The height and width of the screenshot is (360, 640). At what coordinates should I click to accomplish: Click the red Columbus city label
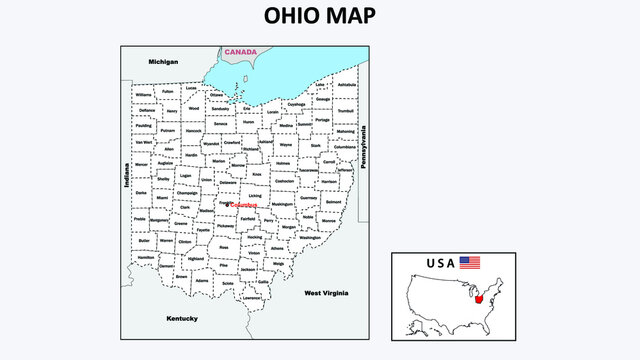coord(244,205)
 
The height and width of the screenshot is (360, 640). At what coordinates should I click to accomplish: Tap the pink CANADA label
coord(240,52)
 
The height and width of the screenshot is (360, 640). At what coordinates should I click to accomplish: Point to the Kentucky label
coord(183,318)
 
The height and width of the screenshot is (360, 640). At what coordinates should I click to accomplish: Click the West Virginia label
coord(326,293)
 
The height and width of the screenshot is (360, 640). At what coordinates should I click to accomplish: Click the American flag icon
coord(470,263)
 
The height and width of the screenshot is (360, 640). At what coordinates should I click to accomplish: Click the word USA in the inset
coord(439,264)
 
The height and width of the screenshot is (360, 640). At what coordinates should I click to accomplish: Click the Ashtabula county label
coord(347,86)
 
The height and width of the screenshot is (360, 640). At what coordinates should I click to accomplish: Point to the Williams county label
coord(144,95)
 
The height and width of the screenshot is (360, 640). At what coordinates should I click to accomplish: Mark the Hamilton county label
coord(146,258)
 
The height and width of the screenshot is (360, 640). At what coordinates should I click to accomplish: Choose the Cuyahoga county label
coord(296,104)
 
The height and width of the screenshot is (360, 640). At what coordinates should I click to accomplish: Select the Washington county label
coord(324,238)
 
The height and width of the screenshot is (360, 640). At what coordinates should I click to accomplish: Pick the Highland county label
coord(195,258)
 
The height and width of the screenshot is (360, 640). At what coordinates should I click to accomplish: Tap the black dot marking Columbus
coord(228,204)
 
